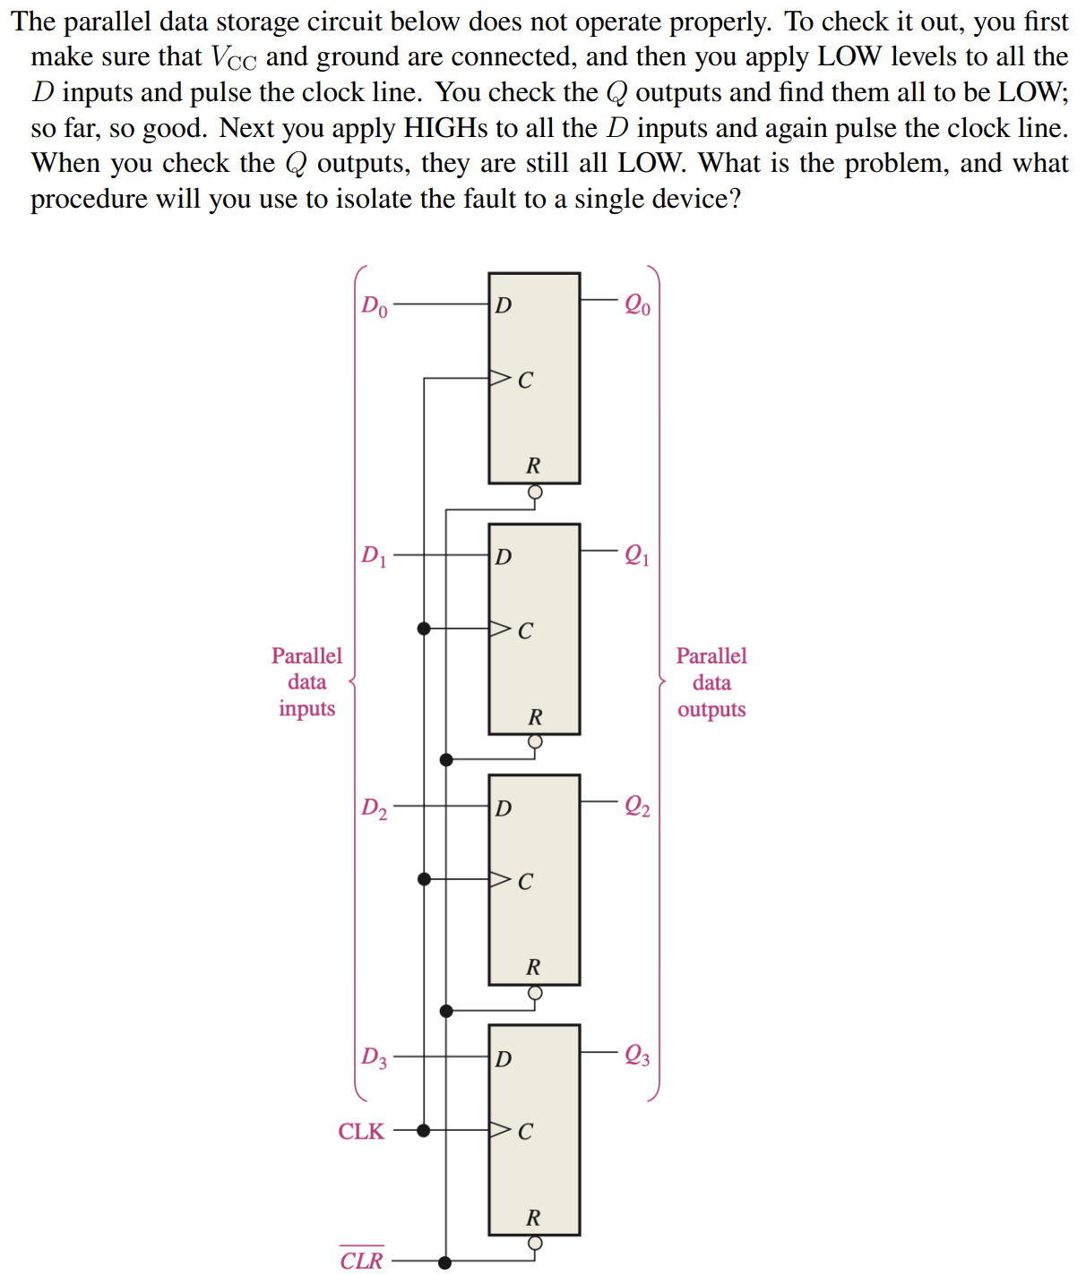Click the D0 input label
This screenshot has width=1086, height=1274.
375,306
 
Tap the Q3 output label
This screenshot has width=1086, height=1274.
637,1056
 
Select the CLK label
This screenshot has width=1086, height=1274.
361,1132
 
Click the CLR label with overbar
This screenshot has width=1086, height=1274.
361,1260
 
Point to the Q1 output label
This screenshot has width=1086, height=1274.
637,556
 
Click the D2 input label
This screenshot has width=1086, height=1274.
375,808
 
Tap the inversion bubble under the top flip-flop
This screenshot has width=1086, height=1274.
535,492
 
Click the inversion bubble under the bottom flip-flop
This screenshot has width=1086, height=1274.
535,1243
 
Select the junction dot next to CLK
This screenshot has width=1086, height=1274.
424,1131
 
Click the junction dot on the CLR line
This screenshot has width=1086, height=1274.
445,1262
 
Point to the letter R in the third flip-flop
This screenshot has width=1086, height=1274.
533,967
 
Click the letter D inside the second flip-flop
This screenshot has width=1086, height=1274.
504,557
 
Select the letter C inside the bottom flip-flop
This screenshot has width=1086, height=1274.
525,1132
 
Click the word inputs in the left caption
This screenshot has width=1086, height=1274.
306,709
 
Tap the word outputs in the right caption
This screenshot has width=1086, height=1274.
711,710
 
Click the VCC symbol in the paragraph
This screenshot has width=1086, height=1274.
233,58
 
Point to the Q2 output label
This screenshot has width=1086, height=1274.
637,807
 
